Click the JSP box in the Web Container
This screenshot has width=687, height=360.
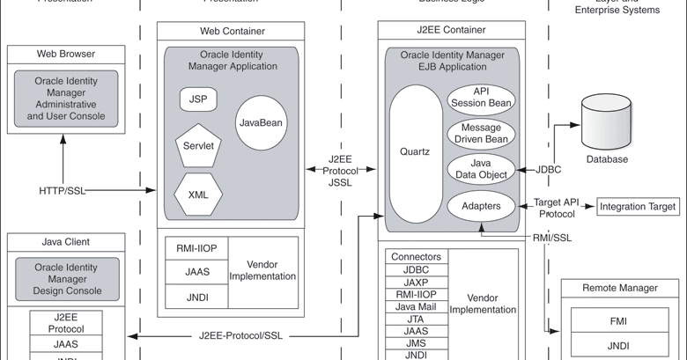pyautogui.click(x=198, y=99)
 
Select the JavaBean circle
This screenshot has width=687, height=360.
pyautogui.click(x=260, y=122)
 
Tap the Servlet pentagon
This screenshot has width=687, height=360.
pyautogui.click(x=198, y=146)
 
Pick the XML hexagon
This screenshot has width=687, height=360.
pyautogui.click(x=198, y=195)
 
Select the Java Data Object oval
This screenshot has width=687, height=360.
pyautogui.click(x=480, y=169)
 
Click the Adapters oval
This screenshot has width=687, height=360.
pyautogui.click(x=480, y=207)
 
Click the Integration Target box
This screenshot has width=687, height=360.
pyautogui.click(x=638, y=207)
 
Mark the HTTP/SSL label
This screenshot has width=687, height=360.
pyautogui.click(x=63, y=190)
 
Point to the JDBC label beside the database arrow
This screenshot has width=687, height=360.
pyautogui.click(x=549, y=169)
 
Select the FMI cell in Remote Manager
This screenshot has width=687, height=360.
pyautogui.click(x=618, y=322)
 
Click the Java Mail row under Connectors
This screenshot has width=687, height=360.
pyautogui.click(x=416, y=306)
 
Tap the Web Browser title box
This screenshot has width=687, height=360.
pyautogui.click(x=66, y=54)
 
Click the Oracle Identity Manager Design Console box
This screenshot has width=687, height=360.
pyautogui.click(x=67, y=279)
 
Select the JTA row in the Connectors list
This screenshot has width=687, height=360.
pyautogui.click(x=416, y=319)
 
